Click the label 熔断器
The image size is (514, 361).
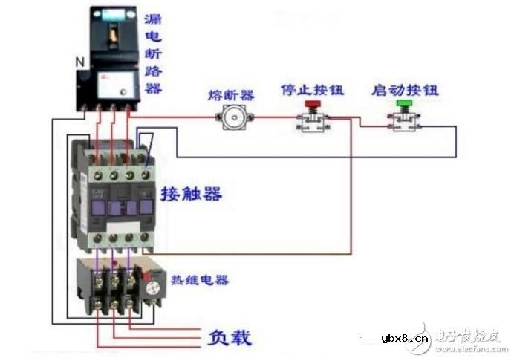(231, 94)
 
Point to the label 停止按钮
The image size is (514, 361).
(312, 90)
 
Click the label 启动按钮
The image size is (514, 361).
(405, 90)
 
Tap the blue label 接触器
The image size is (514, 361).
(191, 195)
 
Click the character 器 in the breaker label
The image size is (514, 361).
(154, 89)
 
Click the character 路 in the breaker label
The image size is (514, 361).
(154, 71)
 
